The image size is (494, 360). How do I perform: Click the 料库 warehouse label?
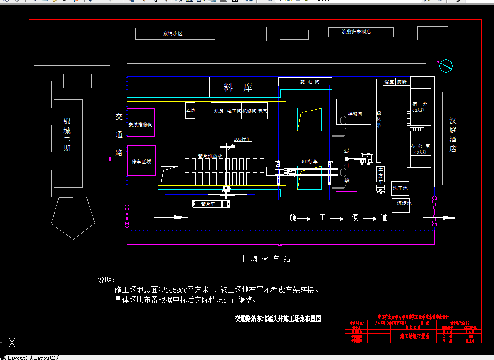238,88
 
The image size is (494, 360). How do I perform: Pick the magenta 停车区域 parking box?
141,161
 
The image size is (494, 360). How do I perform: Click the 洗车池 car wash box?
400,188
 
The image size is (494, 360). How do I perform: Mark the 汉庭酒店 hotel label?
452,135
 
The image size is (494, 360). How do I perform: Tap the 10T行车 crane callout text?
243,139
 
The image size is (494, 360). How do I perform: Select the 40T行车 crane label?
309,161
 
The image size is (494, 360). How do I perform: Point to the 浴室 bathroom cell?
389,82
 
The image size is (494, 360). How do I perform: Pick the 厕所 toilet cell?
402,82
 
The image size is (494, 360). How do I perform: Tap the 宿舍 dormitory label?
420,107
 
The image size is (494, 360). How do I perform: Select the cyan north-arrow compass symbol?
446,65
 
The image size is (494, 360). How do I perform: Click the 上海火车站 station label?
265,259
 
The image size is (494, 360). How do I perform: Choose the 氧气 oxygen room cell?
262,111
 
